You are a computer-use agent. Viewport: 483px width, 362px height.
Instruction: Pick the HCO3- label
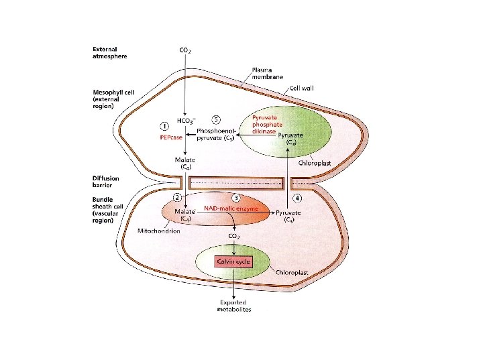186,121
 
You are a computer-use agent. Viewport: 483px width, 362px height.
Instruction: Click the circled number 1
164,125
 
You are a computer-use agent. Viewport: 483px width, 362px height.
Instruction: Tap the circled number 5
215,119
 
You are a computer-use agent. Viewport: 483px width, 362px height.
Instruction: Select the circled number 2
177,197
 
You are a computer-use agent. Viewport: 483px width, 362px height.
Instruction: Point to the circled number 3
235,197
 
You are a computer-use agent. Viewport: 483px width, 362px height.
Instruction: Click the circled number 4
297,197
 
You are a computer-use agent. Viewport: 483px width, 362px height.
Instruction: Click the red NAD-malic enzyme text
231,208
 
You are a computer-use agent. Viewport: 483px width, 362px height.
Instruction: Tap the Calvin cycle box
233,261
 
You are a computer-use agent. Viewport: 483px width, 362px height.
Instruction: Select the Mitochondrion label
158,231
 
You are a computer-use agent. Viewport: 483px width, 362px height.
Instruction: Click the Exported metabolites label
233,306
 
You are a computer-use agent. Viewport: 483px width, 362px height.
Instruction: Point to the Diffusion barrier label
106,182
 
